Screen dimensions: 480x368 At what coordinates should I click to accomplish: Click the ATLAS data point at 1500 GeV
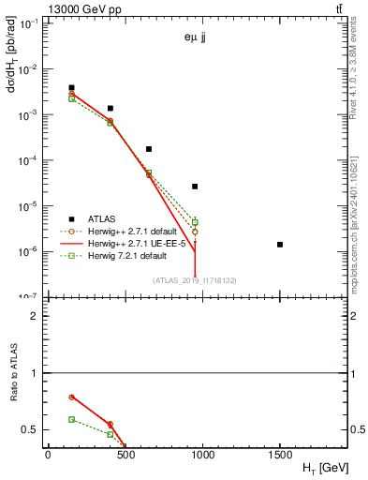[x=280, y=245]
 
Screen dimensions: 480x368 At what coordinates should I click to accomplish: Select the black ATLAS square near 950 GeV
[x=195, y=187]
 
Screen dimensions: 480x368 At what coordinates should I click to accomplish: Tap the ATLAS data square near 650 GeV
[x=149, y=149]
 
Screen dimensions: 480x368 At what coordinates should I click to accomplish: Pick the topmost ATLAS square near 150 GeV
[x=71, y=88]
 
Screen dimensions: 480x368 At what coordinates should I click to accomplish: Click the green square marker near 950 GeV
[x=195, y=222]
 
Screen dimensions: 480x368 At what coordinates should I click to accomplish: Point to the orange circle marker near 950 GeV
[x=195, y=232]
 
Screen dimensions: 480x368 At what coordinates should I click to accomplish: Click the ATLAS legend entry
[x=98, y=218]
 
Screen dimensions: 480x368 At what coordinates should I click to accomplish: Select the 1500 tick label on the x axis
[x=280, y=455]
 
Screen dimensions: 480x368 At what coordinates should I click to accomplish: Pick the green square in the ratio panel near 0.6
[x=71, y=419]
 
